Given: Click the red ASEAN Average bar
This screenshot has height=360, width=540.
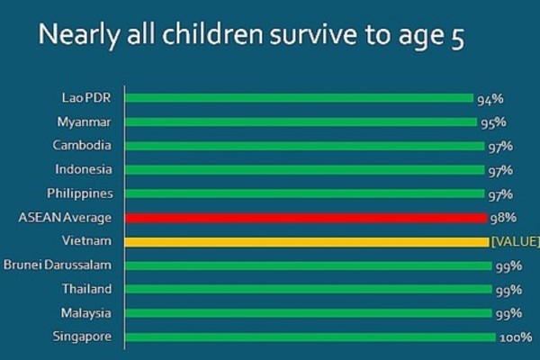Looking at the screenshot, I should point(306,217).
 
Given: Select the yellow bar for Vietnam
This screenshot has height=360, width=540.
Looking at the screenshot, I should point(306,241).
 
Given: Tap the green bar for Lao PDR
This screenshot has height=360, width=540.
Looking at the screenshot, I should point(299,97).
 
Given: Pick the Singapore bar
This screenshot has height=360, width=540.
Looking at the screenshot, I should point(310,337).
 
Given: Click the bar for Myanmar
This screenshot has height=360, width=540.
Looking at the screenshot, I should point(301,121).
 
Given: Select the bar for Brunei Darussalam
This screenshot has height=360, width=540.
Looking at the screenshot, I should point(309,265).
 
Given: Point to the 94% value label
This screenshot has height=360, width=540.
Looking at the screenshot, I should point(488,98).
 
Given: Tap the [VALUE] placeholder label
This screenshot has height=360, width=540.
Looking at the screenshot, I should point(515,241).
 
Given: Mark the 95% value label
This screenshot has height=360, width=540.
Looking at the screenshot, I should point(493,121).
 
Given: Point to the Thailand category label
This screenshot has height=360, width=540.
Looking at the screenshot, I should point(87,289).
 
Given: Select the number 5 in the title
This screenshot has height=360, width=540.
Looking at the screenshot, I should point(456,40).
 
